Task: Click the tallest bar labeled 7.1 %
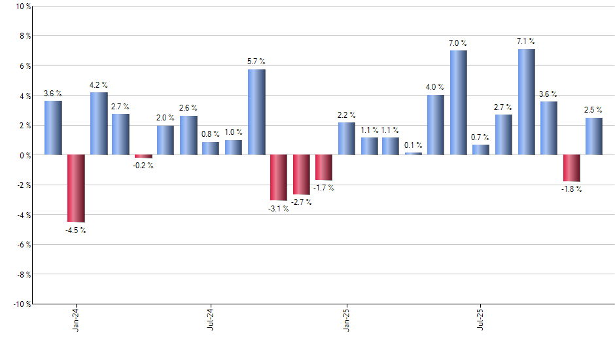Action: pos(527,102)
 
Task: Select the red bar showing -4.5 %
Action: pos(76,189)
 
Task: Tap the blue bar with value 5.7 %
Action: pos(256,112)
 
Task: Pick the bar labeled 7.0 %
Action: pos(459,103)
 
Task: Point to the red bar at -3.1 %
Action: pos(279,177)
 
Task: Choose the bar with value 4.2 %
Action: pos(99,124)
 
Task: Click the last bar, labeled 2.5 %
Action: pos(594,136)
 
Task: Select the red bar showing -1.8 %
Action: pos(572,168)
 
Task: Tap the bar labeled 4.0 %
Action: pos(436,125)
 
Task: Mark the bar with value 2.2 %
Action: pos(347,139)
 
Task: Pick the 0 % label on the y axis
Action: pos(25,155)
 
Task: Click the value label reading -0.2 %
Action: pos(143,166)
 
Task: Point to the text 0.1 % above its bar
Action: pos(413,145)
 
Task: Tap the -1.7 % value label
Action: pos(323,188)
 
